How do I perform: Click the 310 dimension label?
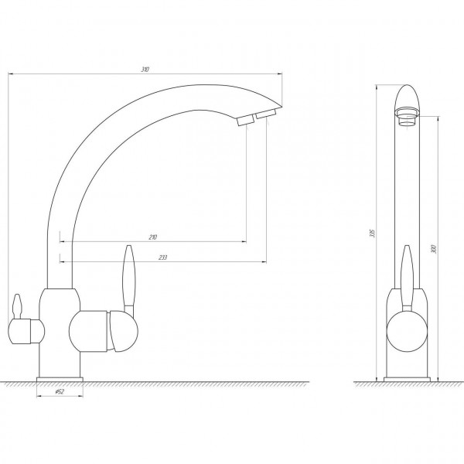pyautogui.click(x=145, y=70)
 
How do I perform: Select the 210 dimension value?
pyautogui.click(x=152, y=237)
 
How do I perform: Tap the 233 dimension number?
pyautogui.click(x=162, y=258)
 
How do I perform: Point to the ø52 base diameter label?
pyautogui.click(x=60, y=391)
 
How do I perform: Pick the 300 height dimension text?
pyautogui.click(x=434, y=249)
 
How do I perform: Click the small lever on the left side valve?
pyautogui.click(x=17, y=306)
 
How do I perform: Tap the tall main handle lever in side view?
pyautogui.click(x=407, y=278)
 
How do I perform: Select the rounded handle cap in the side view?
pyautogui.click(x=407, y=332)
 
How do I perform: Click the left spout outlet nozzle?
pyautogui.click(x=245, y=121)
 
